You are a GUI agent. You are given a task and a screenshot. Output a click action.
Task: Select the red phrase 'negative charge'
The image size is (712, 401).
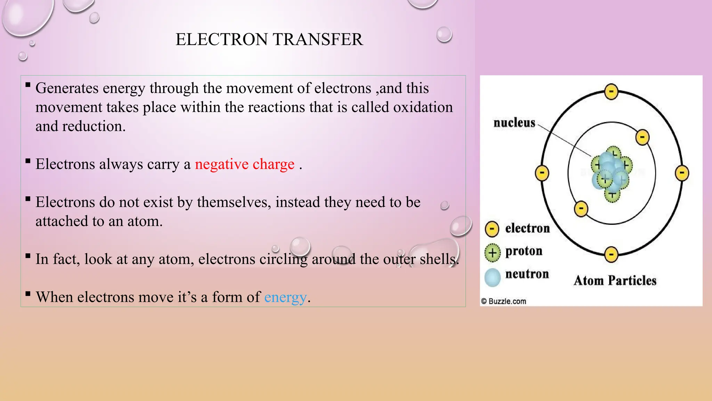[x=244, y=164]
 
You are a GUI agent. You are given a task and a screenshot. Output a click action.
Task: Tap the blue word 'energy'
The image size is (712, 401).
[x=285, y=297]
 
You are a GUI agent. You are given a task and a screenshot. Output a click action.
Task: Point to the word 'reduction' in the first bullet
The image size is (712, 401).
[x=94, y=126]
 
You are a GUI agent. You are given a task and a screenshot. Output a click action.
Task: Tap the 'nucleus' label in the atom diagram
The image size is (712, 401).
[x=514, y=123]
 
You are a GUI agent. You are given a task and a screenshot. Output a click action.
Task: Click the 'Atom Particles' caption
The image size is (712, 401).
[x=615, y=281]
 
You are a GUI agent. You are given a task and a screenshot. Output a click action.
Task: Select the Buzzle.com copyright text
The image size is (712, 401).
[x=503, y=301]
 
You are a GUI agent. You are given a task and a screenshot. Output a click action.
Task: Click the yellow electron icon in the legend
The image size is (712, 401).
[x=492, y=229]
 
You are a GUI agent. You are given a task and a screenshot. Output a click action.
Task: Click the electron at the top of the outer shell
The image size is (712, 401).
[x=611, y=92]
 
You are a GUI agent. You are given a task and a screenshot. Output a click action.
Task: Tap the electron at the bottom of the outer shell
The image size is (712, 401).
[x=611, y=254]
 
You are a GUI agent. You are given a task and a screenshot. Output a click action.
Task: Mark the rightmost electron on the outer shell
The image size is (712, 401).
[x=682, y=173]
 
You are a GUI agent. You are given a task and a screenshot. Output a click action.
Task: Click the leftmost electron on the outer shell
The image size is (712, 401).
[x=542, y=173]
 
